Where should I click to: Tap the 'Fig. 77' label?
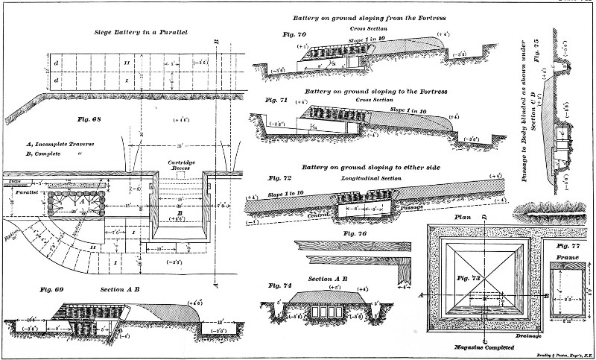[570, 244]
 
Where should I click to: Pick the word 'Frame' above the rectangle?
[568, 256]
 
